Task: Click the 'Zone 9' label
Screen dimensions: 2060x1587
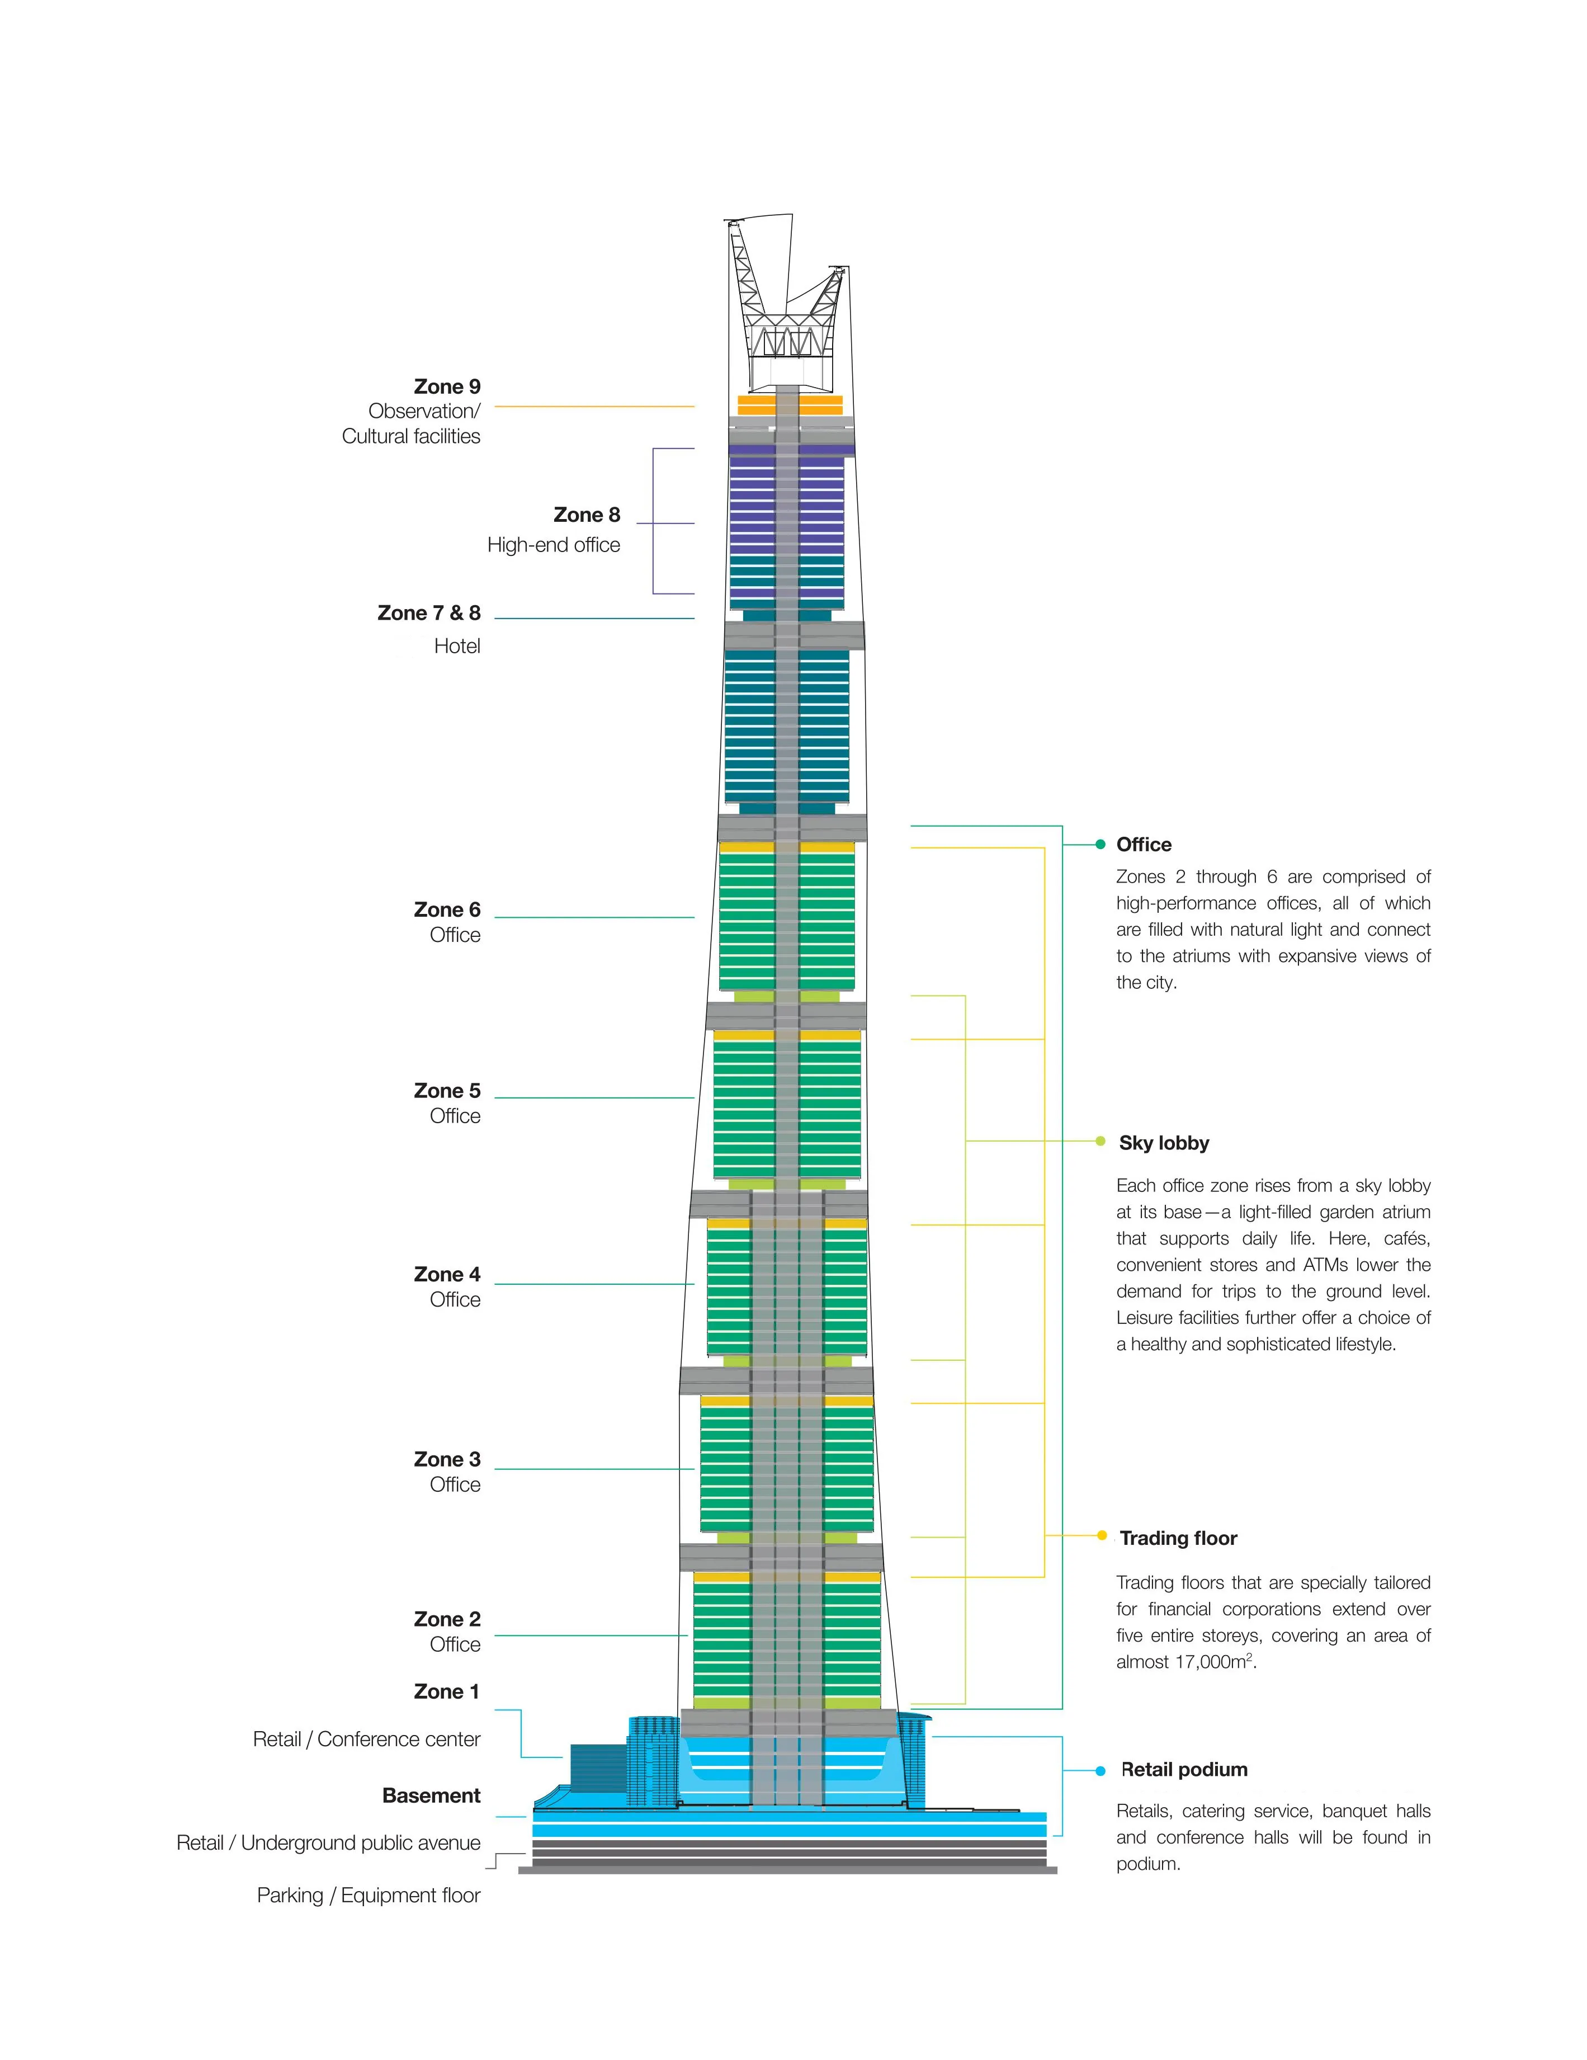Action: point(446,386)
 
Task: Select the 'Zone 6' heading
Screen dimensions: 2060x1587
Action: point(446,910)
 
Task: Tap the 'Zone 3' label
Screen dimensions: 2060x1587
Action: point(446,1459)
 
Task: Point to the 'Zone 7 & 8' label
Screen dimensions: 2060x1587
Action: point(428,613)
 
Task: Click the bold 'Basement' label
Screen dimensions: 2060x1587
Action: point(431,1796)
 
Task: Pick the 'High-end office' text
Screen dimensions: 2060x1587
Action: point(554,545)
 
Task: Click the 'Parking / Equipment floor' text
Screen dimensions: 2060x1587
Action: point(368,1896)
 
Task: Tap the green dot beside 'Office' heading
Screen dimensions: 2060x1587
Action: point(1099,844)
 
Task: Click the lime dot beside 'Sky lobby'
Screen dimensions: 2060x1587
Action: point(1099,1141)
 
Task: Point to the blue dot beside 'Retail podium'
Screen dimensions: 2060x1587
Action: point(1099,1770)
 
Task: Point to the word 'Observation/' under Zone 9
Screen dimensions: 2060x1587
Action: point(424,411)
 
